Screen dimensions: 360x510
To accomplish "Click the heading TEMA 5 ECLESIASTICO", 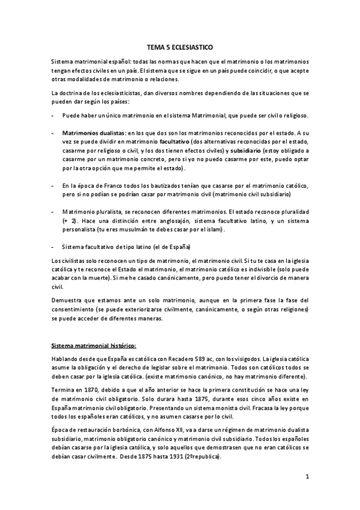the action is [180, 45].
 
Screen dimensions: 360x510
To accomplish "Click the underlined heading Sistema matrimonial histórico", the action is [94, 346].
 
